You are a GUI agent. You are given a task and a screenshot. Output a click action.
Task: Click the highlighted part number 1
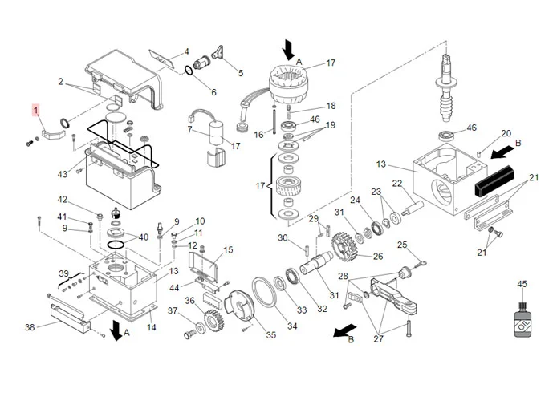[35, 111]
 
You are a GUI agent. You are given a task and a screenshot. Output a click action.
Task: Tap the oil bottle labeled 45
[522, 316]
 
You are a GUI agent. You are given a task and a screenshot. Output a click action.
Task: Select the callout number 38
[30, 327]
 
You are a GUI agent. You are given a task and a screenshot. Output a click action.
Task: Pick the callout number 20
[506, 133]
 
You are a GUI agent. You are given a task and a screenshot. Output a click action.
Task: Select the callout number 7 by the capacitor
[190, 130]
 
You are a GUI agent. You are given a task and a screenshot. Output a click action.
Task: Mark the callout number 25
[403, 245]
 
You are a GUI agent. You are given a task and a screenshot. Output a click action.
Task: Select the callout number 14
[152, 327]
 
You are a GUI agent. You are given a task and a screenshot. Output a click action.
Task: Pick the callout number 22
[396, 184]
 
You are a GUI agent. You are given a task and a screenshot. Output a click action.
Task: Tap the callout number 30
[282, 237]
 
